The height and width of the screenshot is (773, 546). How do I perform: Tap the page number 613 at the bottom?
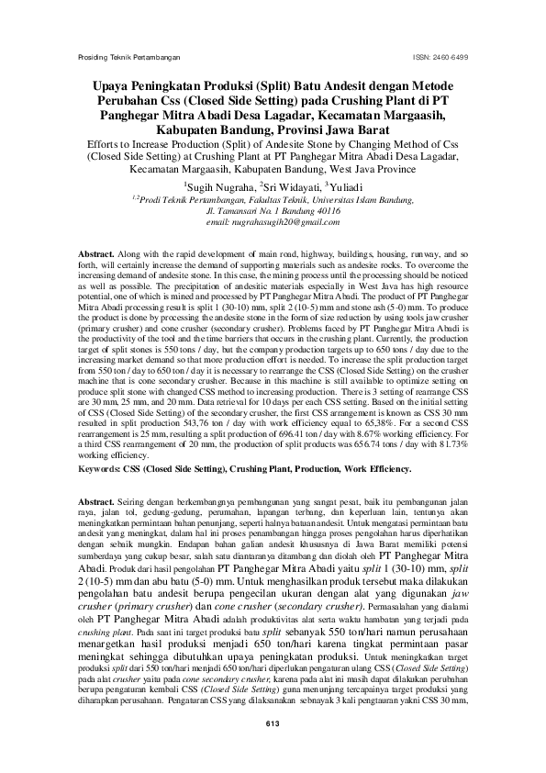(x=272, y=725)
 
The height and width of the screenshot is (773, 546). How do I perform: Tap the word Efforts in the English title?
(x=106, y=144)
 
